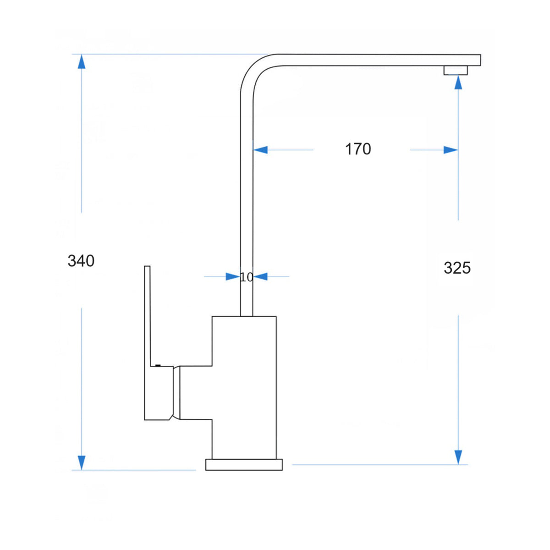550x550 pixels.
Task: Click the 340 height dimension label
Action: [81, 261]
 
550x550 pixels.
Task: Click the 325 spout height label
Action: [457, 268]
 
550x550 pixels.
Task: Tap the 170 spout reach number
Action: [358, 149]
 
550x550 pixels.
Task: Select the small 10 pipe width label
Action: [246, 277]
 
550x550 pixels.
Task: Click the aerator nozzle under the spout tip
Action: [456, 70]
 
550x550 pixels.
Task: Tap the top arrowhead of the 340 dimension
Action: [82, 61]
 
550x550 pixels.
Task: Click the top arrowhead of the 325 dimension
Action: [458, 82]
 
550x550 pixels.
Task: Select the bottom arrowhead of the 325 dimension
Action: [458, 457]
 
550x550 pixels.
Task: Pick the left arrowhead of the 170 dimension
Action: [260, 150]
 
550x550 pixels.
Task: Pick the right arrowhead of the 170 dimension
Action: [451, 150]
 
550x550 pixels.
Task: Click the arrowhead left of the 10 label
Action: [233, 276]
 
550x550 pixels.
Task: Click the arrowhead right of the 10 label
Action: [260, 276]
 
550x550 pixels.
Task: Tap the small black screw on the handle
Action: [158, 365]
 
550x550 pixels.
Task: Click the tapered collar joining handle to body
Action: [176, 393]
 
